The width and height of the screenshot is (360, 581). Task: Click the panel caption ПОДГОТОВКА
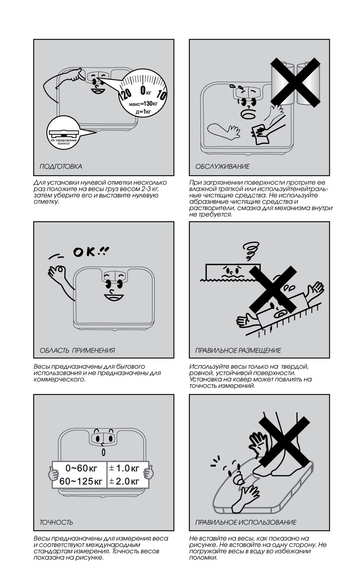coord(61,166)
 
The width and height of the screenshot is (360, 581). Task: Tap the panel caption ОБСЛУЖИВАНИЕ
coord(222,166)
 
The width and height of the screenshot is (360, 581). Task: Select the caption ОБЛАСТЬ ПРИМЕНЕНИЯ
coord(77,350)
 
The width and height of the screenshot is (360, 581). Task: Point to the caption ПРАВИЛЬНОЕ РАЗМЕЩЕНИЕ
coord(238,350)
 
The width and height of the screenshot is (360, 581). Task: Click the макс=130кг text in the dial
coord(143,104)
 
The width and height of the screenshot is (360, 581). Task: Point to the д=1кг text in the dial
coord(143,112)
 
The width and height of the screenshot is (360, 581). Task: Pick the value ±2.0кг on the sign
coord(124,481)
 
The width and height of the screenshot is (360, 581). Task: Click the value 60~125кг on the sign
coord(81,481)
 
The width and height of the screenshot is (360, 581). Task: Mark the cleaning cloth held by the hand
coord(261,134)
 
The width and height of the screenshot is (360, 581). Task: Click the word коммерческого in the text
coord(59,380)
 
